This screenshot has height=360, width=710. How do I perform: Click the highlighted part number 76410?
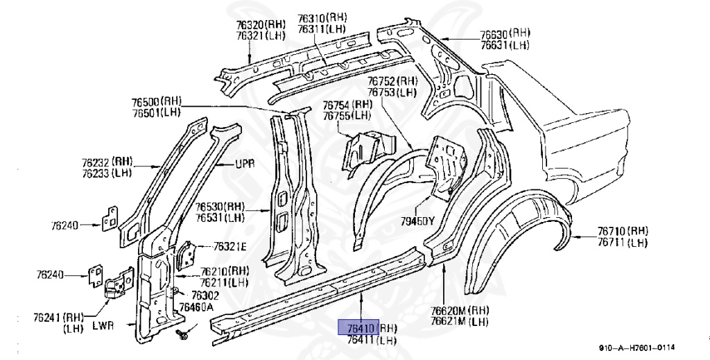coord(357,327)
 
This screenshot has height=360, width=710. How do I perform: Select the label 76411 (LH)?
coord(372,339)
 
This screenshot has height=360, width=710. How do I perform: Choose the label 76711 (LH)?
coord(623,242)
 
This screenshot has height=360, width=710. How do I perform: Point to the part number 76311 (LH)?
coord(322,28)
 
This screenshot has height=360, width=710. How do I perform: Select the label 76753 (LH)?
coord(392,92)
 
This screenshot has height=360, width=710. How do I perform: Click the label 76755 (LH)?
coord(347,116)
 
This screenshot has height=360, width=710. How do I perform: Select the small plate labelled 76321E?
coord(187,255)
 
